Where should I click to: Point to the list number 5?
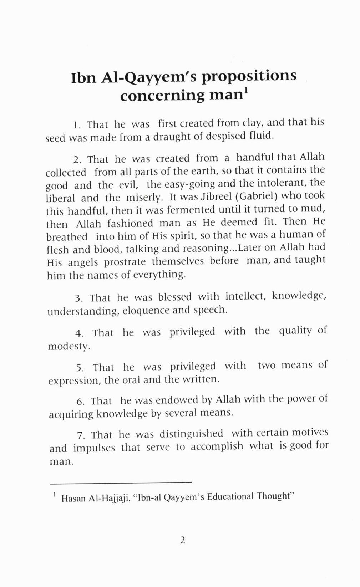pos(80,368)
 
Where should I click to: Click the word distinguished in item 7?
pos(191,434)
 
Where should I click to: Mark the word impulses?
pos(94,448)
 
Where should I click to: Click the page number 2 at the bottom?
pos(182,541)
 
